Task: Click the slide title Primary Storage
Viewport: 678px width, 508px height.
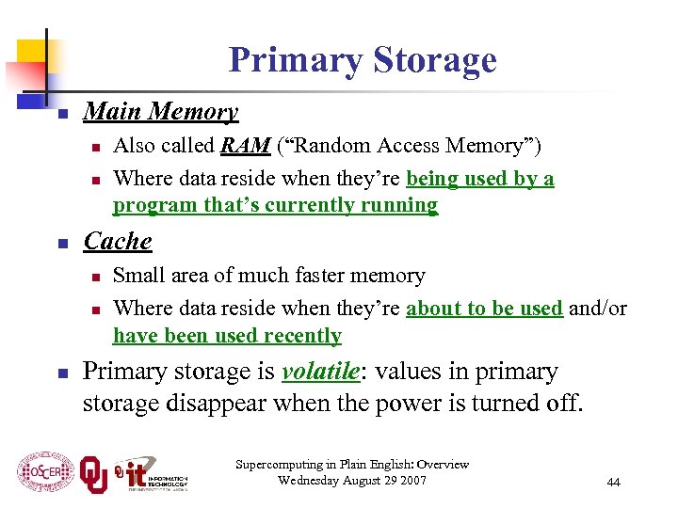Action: tap(362, 60)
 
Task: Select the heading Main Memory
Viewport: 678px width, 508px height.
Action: tap(160, 112)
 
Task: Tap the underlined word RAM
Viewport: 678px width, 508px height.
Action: tap(246, 146)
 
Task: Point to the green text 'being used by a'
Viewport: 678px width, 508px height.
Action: tap(479, 179)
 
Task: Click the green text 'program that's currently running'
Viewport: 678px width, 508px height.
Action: tap(275, 205)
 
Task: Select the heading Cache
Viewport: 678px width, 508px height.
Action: tap(118, 242)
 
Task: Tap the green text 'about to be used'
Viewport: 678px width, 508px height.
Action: tap(484, 309)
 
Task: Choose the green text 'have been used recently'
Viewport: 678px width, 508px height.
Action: tap(227, 336)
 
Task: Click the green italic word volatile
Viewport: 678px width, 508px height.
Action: tap(320, 373)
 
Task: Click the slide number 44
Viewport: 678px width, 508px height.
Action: tap(613, 482)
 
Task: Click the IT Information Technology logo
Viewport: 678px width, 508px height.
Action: tap(151, 473)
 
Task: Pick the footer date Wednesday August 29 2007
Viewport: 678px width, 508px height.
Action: tap(352, 481)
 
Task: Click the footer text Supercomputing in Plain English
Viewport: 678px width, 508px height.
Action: tap(352, 465)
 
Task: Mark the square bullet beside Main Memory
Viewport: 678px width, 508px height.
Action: tap(59, 115)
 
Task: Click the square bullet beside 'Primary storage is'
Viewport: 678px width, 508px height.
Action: tap(59, 374)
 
